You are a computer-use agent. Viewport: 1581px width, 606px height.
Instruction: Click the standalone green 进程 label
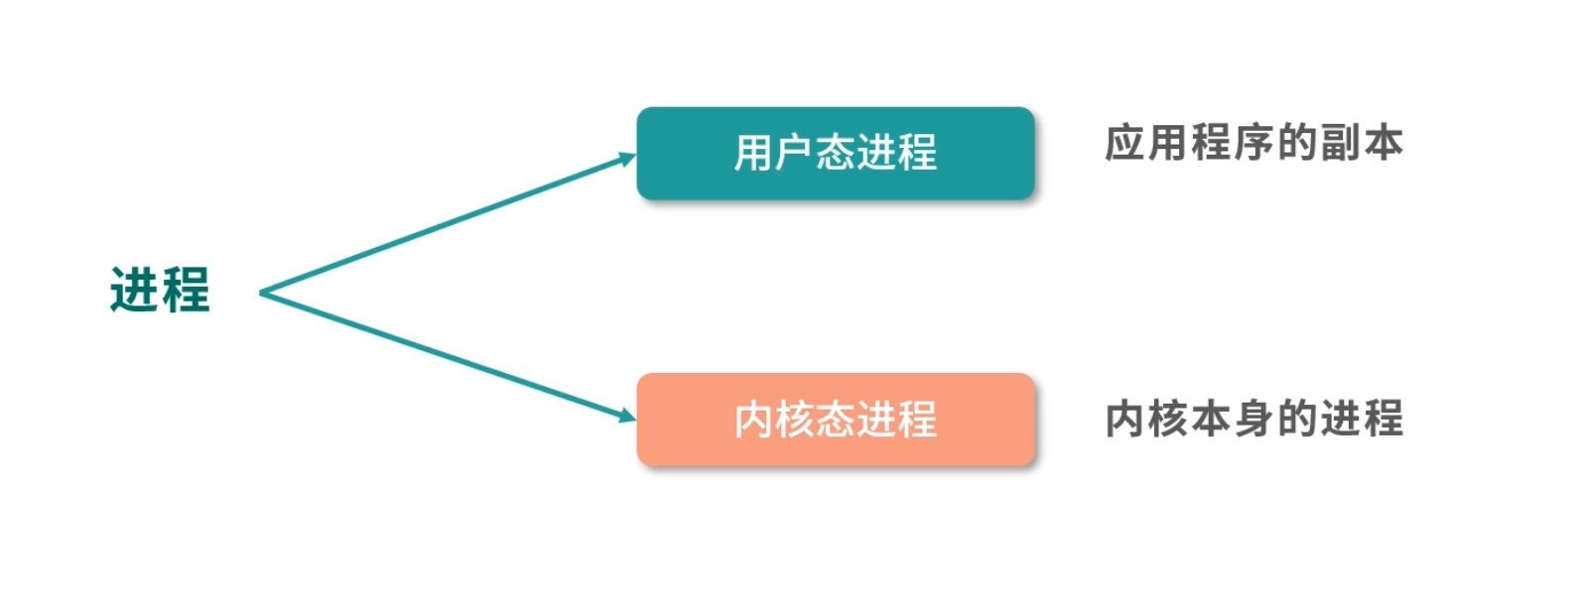click(160, 291)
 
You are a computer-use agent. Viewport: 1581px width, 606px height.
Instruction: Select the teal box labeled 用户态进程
click(835, 154)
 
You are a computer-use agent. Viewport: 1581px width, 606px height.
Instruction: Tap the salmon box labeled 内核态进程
click(835, 420)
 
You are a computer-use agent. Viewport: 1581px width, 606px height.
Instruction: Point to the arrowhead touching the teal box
click(627, 159)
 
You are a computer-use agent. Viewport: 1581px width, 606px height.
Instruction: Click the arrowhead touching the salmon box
click(627, 416)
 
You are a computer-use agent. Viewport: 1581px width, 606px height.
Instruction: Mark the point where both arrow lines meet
click(261, 293)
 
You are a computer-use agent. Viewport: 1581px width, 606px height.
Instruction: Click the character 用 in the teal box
click(753, 154)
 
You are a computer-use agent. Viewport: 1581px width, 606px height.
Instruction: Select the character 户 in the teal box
click(794, 154)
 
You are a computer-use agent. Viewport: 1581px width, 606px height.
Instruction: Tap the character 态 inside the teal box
click(835, 154)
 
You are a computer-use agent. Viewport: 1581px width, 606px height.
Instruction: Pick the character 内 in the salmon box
click(753, 420)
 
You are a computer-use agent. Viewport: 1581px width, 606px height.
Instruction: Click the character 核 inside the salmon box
click(794, 420)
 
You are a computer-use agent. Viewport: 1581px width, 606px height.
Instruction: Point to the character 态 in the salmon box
click(835, 420)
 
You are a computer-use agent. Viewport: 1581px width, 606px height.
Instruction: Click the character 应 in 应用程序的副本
click(1125, 143)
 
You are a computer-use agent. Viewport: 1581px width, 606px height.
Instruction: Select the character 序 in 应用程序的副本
click(1253, 143)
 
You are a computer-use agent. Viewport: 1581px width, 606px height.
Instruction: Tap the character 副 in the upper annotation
click(1340, 143)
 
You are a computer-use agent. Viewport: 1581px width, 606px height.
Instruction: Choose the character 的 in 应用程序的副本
click(1296, 143)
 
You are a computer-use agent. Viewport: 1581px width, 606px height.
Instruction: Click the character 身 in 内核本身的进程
click(1253, 419)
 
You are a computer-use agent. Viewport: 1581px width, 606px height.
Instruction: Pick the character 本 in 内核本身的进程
click(1211, 419)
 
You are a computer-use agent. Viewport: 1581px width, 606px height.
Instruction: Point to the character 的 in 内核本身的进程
click(1296, 419)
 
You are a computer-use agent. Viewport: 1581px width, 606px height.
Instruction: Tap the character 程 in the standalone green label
click(186, 291)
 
